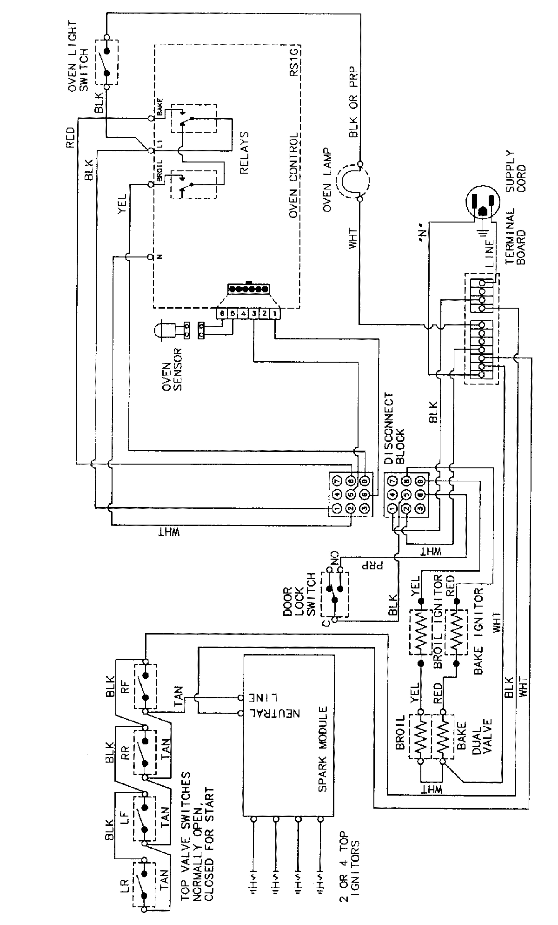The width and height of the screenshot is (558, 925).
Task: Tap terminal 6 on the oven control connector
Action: [222, 314]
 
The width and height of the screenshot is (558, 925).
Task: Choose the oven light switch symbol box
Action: [106, 62]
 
